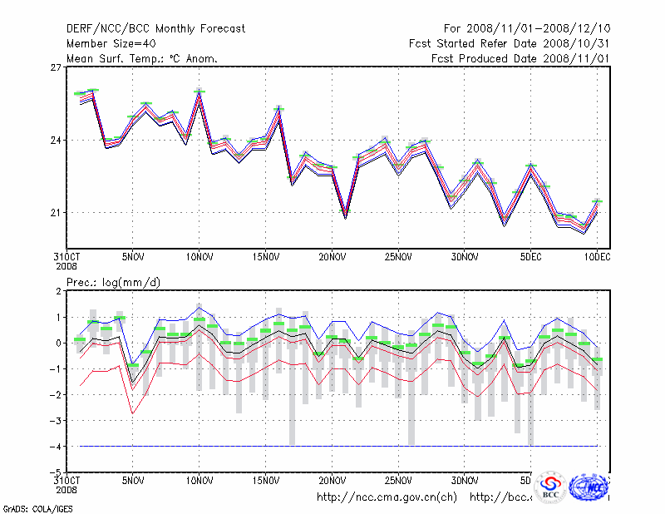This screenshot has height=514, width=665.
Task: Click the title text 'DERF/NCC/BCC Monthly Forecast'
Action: coord(155,29)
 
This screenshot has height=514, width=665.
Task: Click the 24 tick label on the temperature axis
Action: coord(56,140)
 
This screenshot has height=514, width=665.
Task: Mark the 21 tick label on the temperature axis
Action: coord(56,213)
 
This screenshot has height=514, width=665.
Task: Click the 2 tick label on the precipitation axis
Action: coord(58,291)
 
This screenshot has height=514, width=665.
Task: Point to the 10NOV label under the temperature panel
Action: coord(199,258)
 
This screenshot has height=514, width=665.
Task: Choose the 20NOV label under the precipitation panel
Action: coord(332,481)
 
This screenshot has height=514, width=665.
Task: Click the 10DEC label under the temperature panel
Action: coord(597,258)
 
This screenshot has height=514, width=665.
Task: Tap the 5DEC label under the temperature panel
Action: coord(531,258)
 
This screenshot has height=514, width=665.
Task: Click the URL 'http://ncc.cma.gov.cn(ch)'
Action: coord(387,497)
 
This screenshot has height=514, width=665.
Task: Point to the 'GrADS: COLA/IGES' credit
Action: coord(33,507)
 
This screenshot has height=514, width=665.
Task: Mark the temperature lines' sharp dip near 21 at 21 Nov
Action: coord(345,215)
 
